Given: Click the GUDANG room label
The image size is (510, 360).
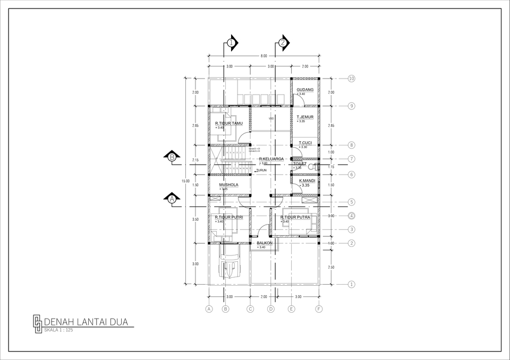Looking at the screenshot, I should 305,90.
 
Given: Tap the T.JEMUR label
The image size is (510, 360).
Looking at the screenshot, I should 305,117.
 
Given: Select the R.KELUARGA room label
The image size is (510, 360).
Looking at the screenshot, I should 271,159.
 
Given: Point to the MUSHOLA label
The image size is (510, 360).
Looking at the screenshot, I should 228,185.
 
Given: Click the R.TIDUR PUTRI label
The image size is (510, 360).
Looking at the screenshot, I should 229,217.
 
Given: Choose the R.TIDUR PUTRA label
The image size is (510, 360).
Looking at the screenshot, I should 295,217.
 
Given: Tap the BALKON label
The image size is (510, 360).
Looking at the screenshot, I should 265,243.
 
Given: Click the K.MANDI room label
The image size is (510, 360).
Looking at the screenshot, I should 307,181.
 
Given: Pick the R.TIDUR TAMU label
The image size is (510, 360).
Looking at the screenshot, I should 228,123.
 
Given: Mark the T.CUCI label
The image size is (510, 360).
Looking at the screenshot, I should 305,143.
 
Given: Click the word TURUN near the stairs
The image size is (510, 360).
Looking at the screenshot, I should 261,170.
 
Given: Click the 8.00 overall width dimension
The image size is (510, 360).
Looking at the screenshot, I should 264,55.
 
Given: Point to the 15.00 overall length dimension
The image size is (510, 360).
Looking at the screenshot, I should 185,182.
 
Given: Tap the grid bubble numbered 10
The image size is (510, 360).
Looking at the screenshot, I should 352,79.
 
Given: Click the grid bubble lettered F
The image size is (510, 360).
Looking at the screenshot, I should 319,308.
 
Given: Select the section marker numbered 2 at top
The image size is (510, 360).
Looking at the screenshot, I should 283,42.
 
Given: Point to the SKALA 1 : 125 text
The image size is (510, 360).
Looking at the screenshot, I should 58,330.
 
